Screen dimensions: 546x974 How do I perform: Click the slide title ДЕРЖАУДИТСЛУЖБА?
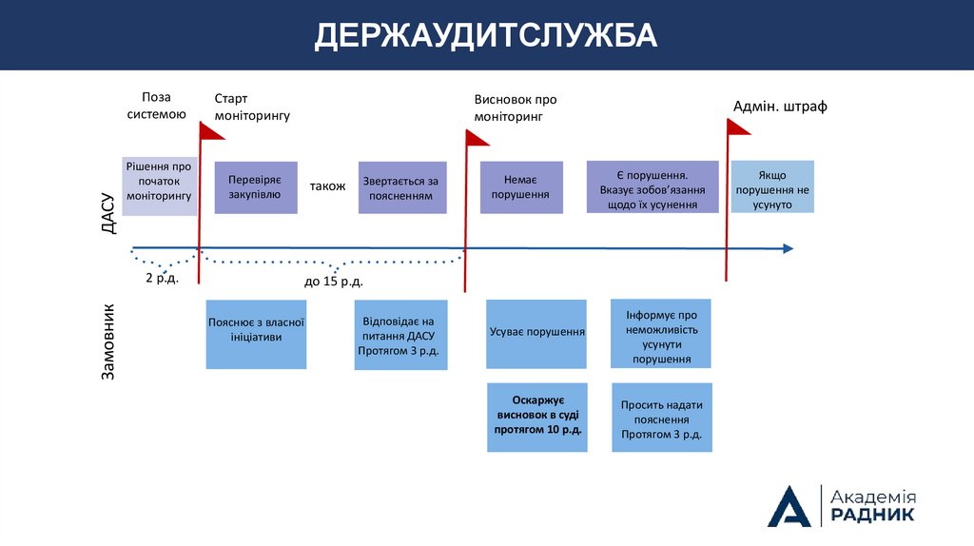pyautogui.click(x=486, y=35)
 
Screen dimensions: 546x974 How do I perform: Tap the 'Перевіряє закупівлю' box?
pyautogui.click(x=256, y=187)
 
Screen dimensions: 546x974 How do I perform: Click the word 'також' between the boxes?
pyautogui.click(x=327, y=186)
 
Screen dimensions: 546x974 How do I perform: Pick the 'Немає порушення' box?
pyautogui.click(x=520, y=187)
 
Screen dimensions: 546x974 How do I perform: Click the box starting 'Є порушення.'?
pyautogui.click(x=653, y=186)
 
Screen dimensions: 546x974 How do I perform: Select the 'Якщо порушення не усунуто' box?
pyautogui.click(x=771, y=186)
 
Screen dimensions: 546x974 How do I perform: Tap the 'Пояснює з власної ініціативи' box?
pyautogui.click(x=256, y=334)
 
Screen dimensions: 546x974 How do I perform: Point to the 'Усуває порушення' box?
pyautogui.click(x=536, y=334)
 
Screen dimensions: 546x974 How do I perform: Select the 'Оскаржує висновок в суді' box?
pyautogui.click(x=537, y=417)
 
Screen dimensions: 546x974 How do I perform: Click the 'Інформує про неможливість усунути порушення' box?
pyautogui.click(x=661, y=333)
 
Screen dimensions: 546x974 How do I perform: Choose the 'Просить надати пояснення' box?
pyautogui.click(x=661, y=418)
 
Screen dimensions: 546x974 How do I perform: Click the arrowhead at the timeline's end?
pyautogui.click(x=788, y=248)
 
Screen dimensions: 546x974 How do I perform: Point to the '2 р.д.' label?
pyautogui.click(x=161, y=278)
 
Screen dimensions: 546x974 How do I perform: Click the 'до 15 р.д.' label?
pyautogui.click(x=333, y=282)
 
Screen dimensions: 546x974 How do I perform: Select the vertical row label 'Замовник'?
pyautogui.click(x=108, y=342)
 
